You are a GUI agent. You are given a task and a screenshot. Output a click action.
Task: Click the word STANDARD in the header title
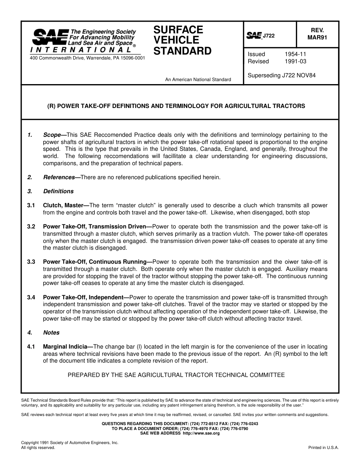pyautogui.click(x=182, y=51)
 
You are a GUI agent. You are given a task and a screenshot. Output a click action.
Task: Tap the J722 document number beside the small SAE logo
pyautogui.click(x=269, y=36)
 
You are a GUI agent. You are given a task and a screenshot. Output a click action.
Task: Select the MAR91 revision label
pyautogui.click(x=317, y=38)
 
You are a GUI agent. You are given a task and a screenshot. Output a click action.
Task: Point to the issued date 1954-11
pyautogui.click(x=296, y=54)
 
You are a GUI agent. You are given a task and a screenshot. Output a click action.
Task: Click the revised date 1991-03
pyautogui.click(x=296, y=61)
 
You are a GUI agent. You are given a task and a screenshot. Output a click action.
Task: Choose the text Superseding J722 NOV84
pyautogui.click(x=282, y=75)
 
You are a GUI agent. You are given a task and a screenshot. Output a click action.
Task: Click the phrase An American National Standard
pyautogui.click(x=198, y=80)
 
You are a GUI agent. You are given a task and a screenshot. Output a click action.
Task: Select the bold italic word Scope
pyautogui.click(x=52, y=135)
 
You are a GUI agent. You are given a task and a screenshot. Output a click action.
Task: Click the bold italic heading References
pyautogui.click(x=59, y=177)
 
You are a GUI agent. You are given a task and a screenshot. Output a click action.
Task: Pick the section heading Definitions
pyautogui.click(x=58, y=191)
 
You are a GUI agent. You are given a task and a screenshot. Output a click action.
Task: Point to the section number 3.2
pyautogui.click(x=31, y=227)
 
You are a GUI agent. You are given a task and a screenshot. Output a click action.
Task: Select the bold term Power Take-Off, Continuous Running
pyautogui.click(x=95, y=262)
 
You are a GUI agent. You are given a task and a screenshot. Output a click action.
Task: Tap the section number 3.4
pyautogui.click(x=31, y=297)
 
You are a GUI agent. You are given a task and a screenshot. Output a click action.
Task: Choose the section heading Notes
pyautogui.click(x=51, y=333)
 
